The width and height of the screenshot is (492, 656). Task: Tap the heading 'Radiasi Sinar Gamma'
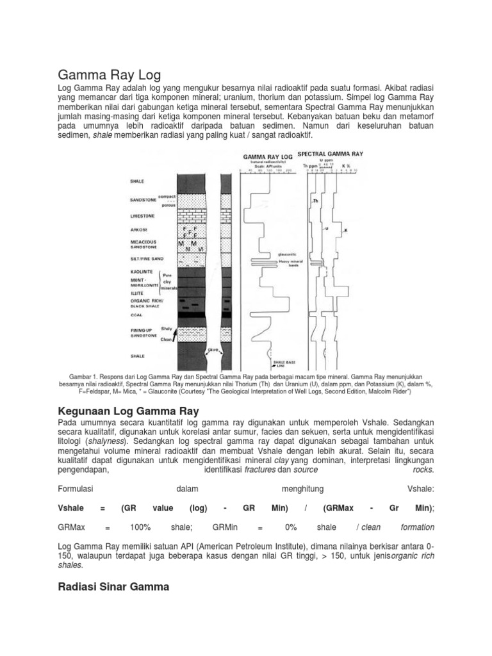pyautogui.click(x=114, y=586)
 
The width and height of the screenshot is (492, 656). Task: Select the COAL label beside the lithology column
pyautogui.click(x=136, y=315)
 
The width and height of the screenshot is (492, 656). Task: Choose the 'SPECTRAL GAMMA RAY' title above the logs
pyautogui.click(x=331, y=154)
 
